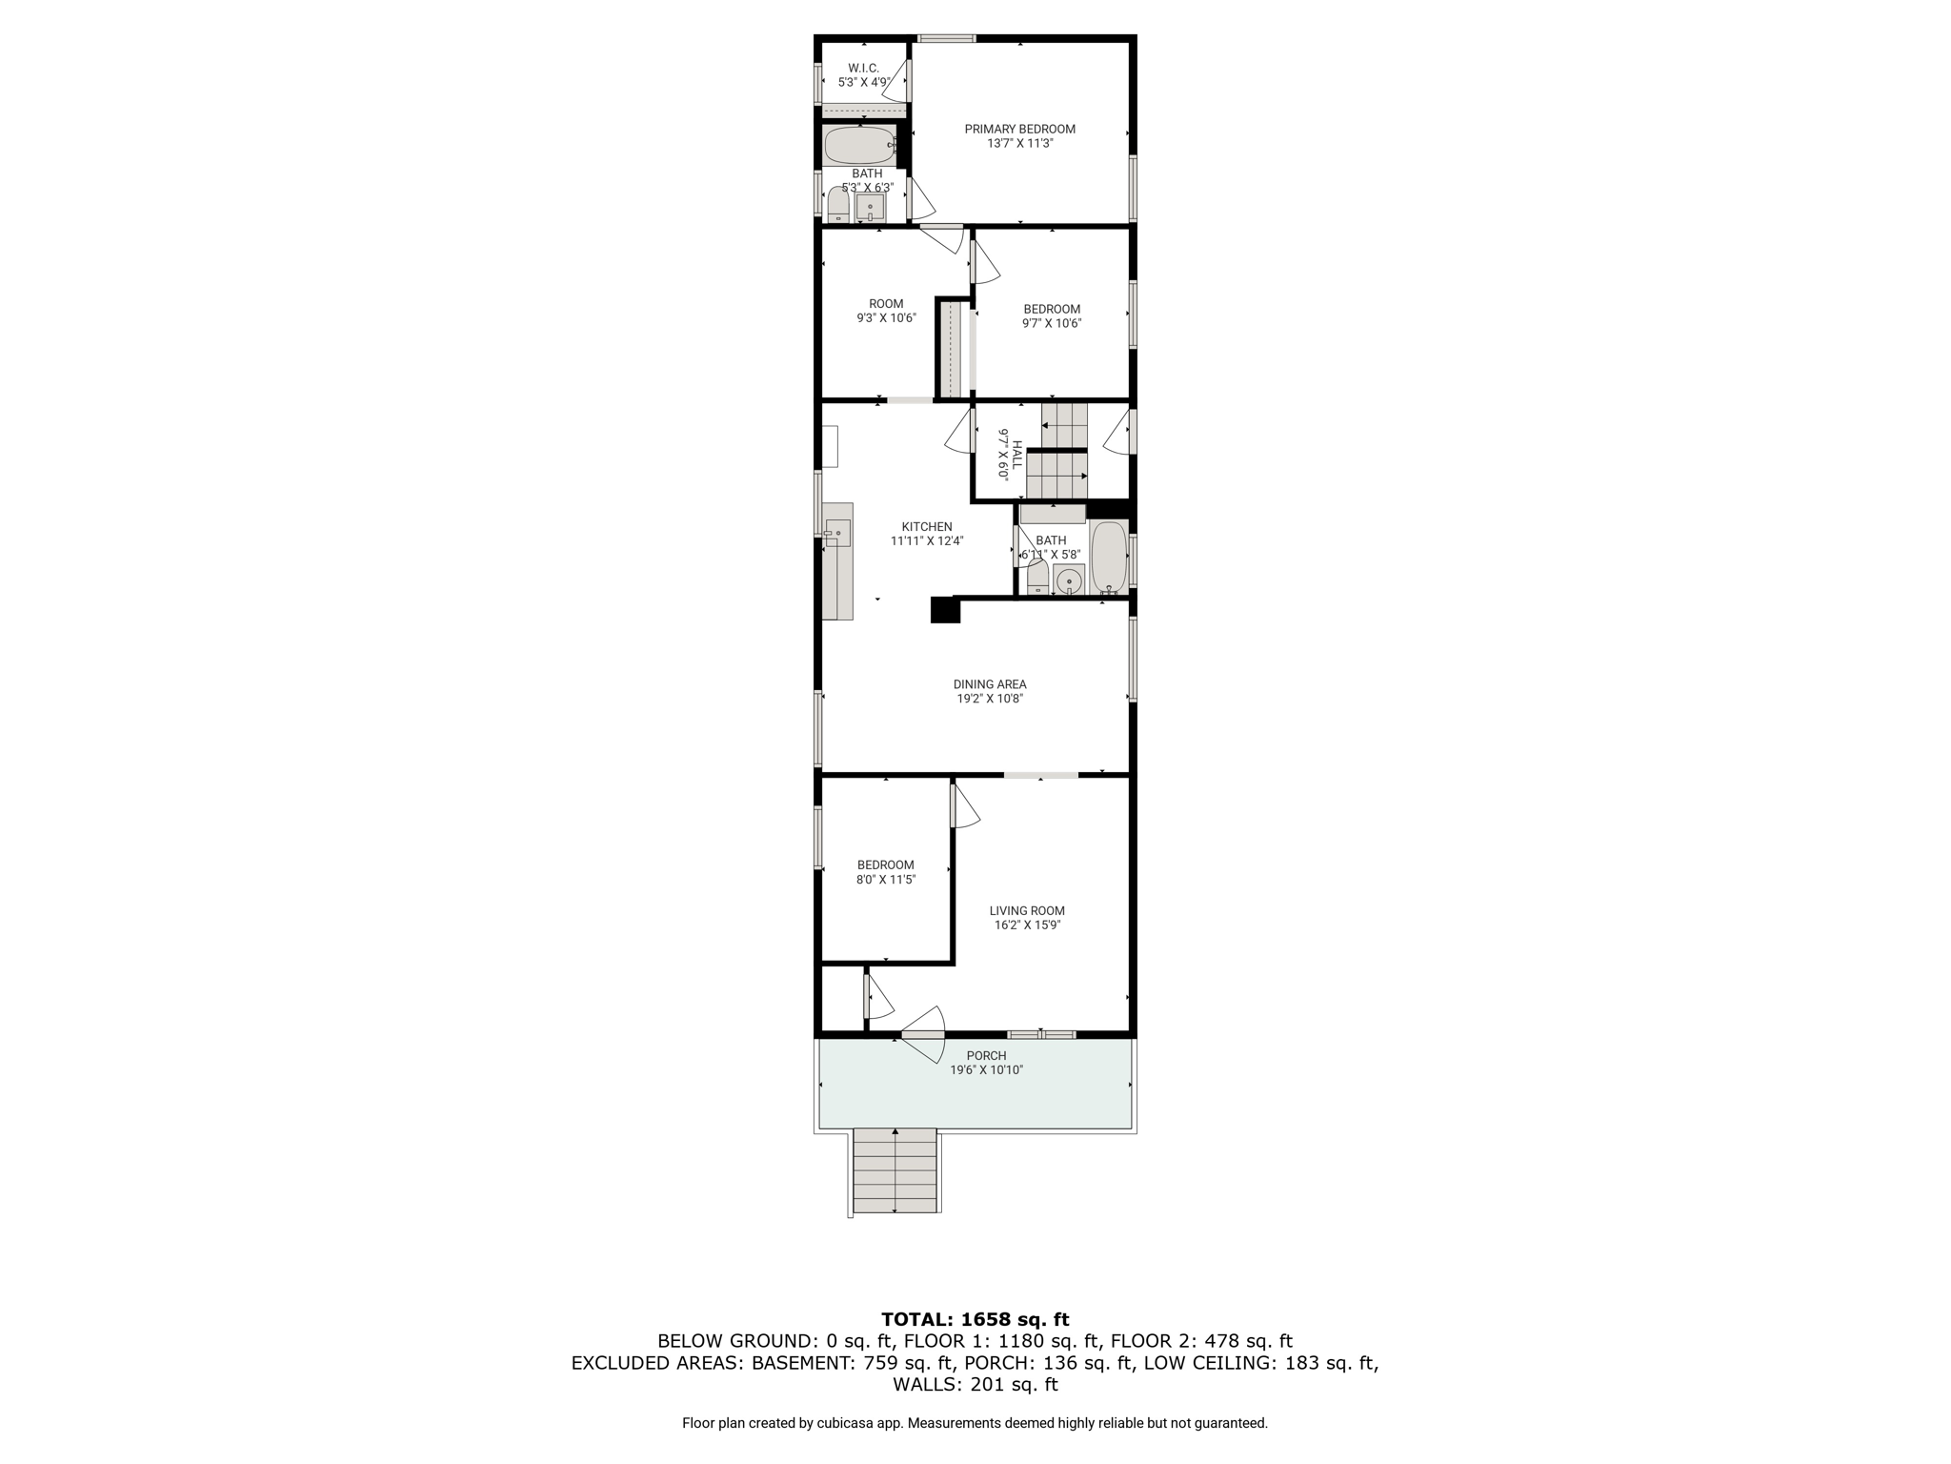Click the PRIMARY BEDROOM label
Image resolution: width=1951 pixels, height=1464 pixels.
pyautogui.click(x=1019, y=129)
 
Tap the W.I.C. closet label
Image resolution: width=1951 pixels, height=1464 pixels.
pyautogui.click(x=863, y=68)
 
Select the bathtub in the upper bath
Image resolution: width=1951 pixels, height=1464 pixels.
pyautogui.click(x=860, y=146)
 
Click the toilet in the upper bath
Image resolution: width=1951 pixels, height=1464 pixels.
pyautogui.click(x=838, y=205)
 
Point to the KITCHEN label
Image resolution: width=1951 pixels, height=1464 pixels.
pyautogui.click(x=927, y=526)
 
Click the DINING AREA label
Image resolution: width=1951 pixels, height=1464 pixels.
pyautogui.click(x=990, y=684)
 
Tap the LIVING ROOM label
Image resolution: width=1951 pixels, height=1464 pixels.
pyautogui.click(x=1027, y=910)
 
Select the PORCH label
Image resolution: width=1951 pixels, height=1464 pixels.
pyautogui.click(x=986, y=1055)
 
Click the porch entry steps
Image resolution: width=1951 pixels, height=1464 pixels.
pyautogui.click(x=895, y=1170)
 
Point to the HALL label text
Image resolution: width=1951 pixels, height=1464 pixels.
pyautogui.click(x=1016, y=455)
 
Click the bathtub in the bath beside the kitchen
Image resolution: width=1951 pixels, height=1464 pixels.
pyautogui.click(x=1109, y=558)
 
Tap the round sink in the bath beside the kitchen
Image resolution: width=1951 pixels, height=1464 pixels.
pyautogui.click(x=1070, y=579)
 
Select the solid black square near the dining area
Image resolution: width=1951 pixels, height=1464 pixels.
pyautogui.click(x=945, y=610)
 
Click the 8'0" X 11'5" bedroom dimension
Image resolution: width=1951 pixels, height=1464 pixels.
pyautogui.click(x=886, y=880)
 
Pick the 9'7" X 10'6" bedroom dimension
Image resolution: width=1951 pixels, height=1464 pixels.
pyautogui.click(x=1052, y=323)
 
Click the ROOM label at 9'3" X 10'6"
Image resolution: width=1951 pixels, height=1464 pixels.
pyautogui.click(x=886, y=304)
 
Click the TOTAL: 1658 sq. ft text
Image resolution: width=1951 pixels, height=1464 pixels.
pyautogui.click(x=975, y=1319)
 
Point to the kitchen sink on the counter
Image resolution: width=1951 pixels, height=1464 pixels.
pyautogui.click(x=837, y=533)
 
